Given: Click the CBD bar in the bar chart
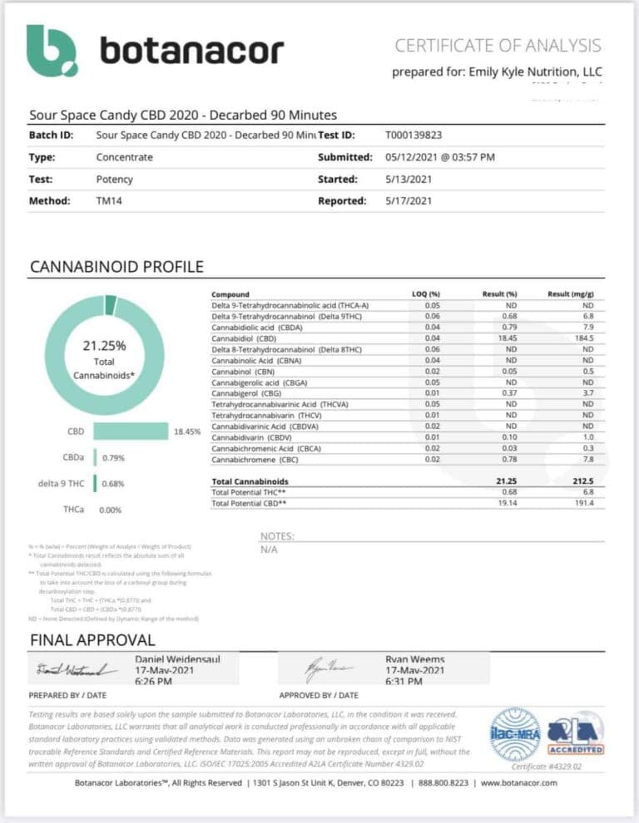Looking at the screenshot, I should click(x=130, y=431).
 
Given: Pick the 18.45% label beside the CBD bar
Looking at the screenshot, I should click(x=187, y=432).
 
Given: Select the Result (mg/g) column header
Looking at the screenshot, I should click(x=570, y=294).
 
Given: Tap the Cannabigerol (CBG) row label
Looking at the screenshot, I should click(x=247, y=392).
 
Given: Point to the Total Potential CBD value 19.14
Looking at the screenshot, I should click(x=507, y=504).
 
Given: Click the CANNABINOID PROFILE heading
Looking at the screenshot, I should click(x=116, y=267).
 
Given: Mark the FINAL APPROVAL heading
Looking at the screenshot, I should click(x=92, y=639).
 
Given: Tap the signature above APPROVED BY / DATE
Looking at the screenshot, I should click(x=319, y=669).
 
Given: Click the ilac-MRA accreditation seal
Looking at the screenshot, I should click(x=515, y=733).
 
